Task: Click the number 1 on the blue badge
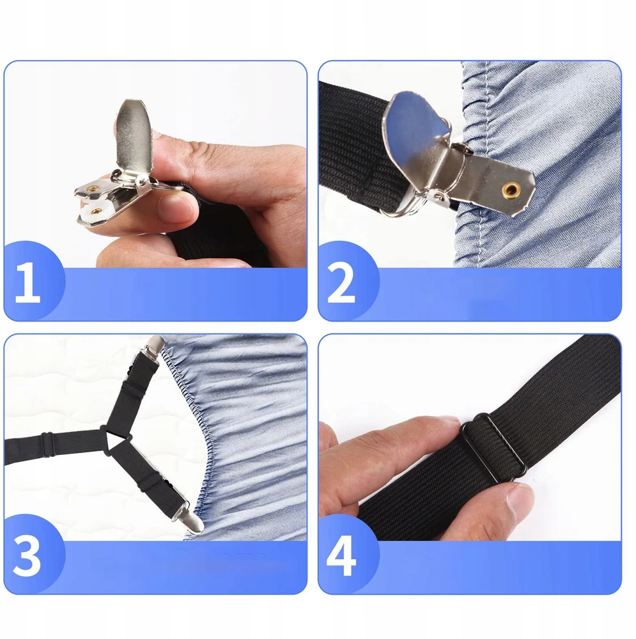click(x=27, y=282)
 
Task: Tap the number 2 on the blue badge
click(x=341, y=282)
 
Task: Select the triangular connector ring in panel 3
click(x=116, y=441)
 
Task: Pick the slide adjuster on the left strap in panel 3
click(x=47, y=441)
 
